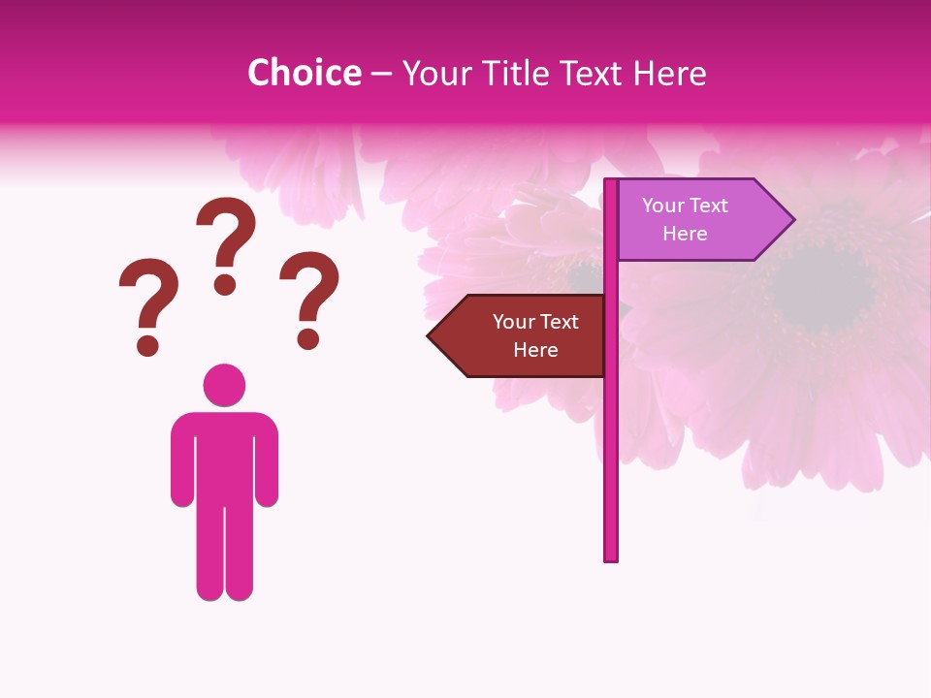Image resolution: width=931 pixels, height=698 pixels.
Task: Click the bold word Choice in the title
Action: coord(304,73)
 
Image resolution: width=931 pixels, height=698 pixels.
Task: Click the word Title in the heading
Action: coord(511,74)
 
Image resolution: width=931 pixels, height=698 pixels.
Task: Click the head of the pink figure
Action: coord(224,385)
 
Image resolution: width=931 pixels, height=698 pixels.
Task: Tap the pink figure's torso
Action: coord(224,456)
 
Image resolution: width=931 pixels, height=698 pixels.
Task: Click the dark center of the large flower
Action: coord(823,286)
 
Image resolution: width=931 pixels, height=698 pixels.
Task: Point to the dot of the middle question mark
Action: coord(225,283)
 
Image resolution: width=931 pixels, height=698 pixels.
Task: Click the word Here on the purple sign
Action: coord(685,234)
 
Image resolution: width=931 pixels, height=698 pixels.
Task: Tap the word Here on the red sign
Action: coord(535,350)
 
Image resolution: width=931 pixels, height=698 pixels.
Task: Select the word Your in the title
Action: coord(435,74)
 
